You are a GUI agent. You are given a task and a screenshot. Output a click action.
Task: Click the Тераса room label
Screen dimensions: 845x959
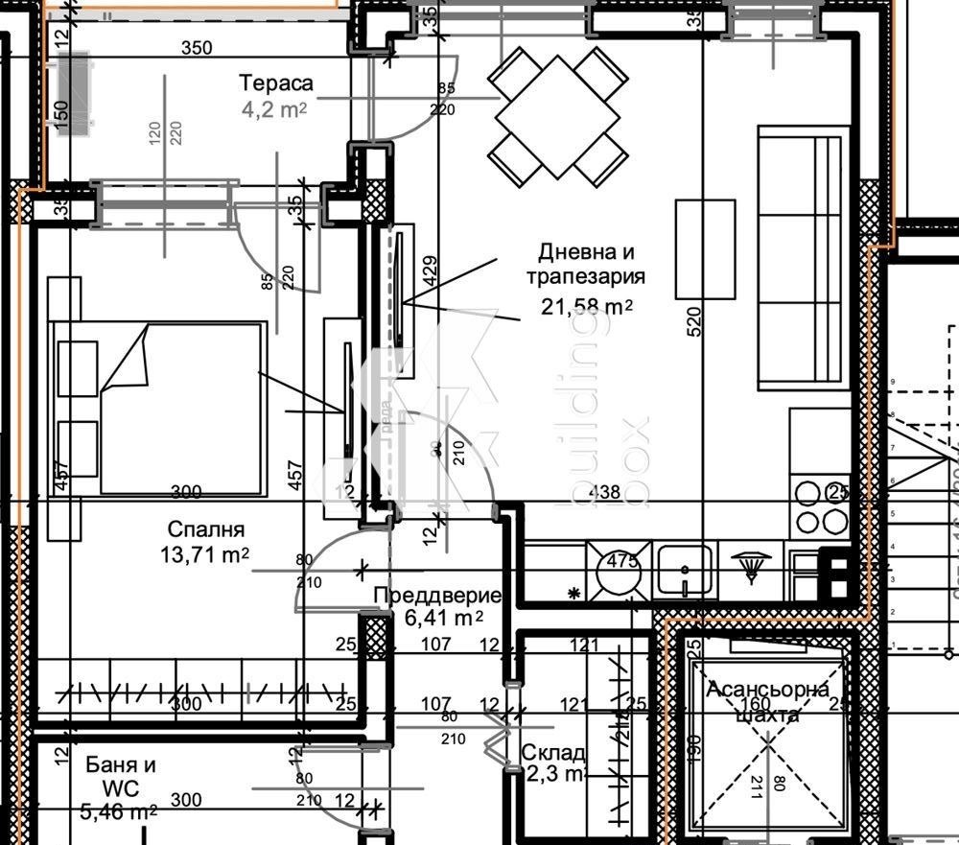tap(276, 82)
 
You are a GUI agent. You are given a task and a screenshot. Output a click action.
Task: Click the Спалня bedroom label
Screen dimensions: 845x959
tap(206, 528)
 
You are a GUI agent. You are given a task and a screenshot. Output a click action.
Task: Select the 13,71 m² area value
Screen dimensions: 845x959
tap(208, 553)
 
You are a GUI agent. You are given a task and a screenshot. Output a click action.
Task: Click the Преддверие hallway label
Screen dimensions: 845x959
tap(436, 596)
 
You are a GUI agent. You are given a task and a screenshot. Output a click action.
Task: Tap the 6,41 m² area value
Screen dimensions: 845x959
tap(443, 619)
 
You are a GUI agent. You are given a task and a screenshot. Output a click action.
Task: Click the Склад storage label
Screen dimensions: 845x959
tap(553, 753)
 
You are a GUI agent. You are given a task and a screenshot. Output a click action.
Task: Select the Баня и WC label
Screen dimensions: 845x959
tap(121, 777)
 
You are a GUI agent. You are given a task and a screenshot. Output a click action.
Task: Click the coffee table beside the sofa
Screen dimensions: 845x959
tap(705, 248)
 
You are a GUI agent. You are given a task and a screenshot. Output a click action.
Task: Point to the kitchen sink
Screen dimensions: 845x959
tap(685, 572)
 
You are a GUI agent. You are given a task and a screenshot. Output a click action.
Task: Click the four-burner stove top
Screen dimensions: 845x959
tap(822, 507)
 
